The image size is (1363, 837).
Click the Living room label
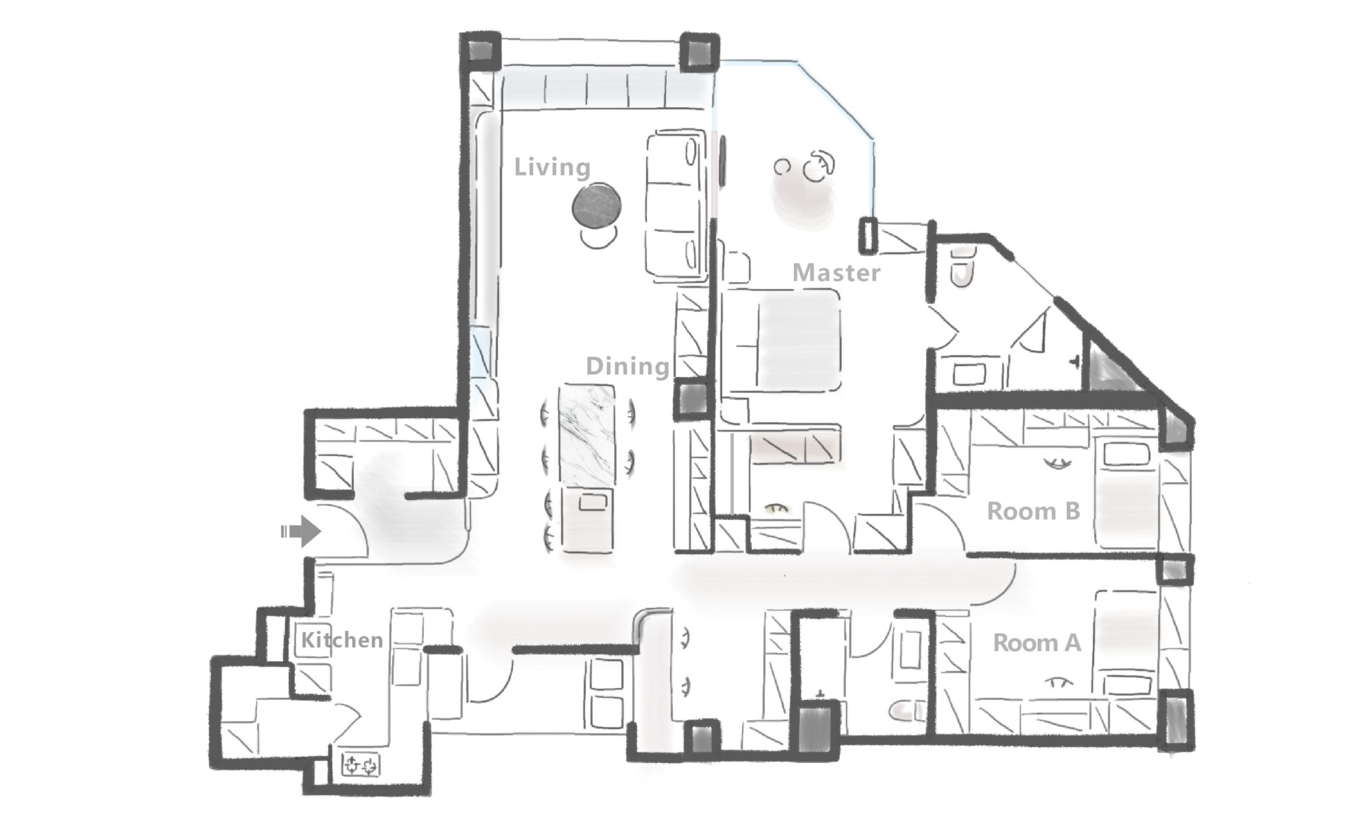pos(552,167)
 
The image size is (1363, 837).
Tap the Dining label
pos(628,366)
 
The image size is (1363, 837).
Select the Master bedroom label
pos(837,273)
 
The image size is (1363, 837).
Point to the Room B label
pos(1033,511)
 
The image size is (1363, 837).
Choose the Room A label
pos(1037,643)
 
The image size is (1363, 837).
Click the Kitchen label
pos(342,640)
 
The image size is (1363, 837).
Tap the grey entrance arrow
pos(301,531)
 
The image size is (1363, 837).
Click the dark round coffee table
pos(598,207)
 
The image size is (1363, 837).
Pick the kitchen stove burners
pos(361,764)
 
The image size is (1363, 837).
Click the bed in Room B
pos(1125,494)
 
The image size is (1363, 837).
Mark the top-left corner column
pos(481,51)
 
